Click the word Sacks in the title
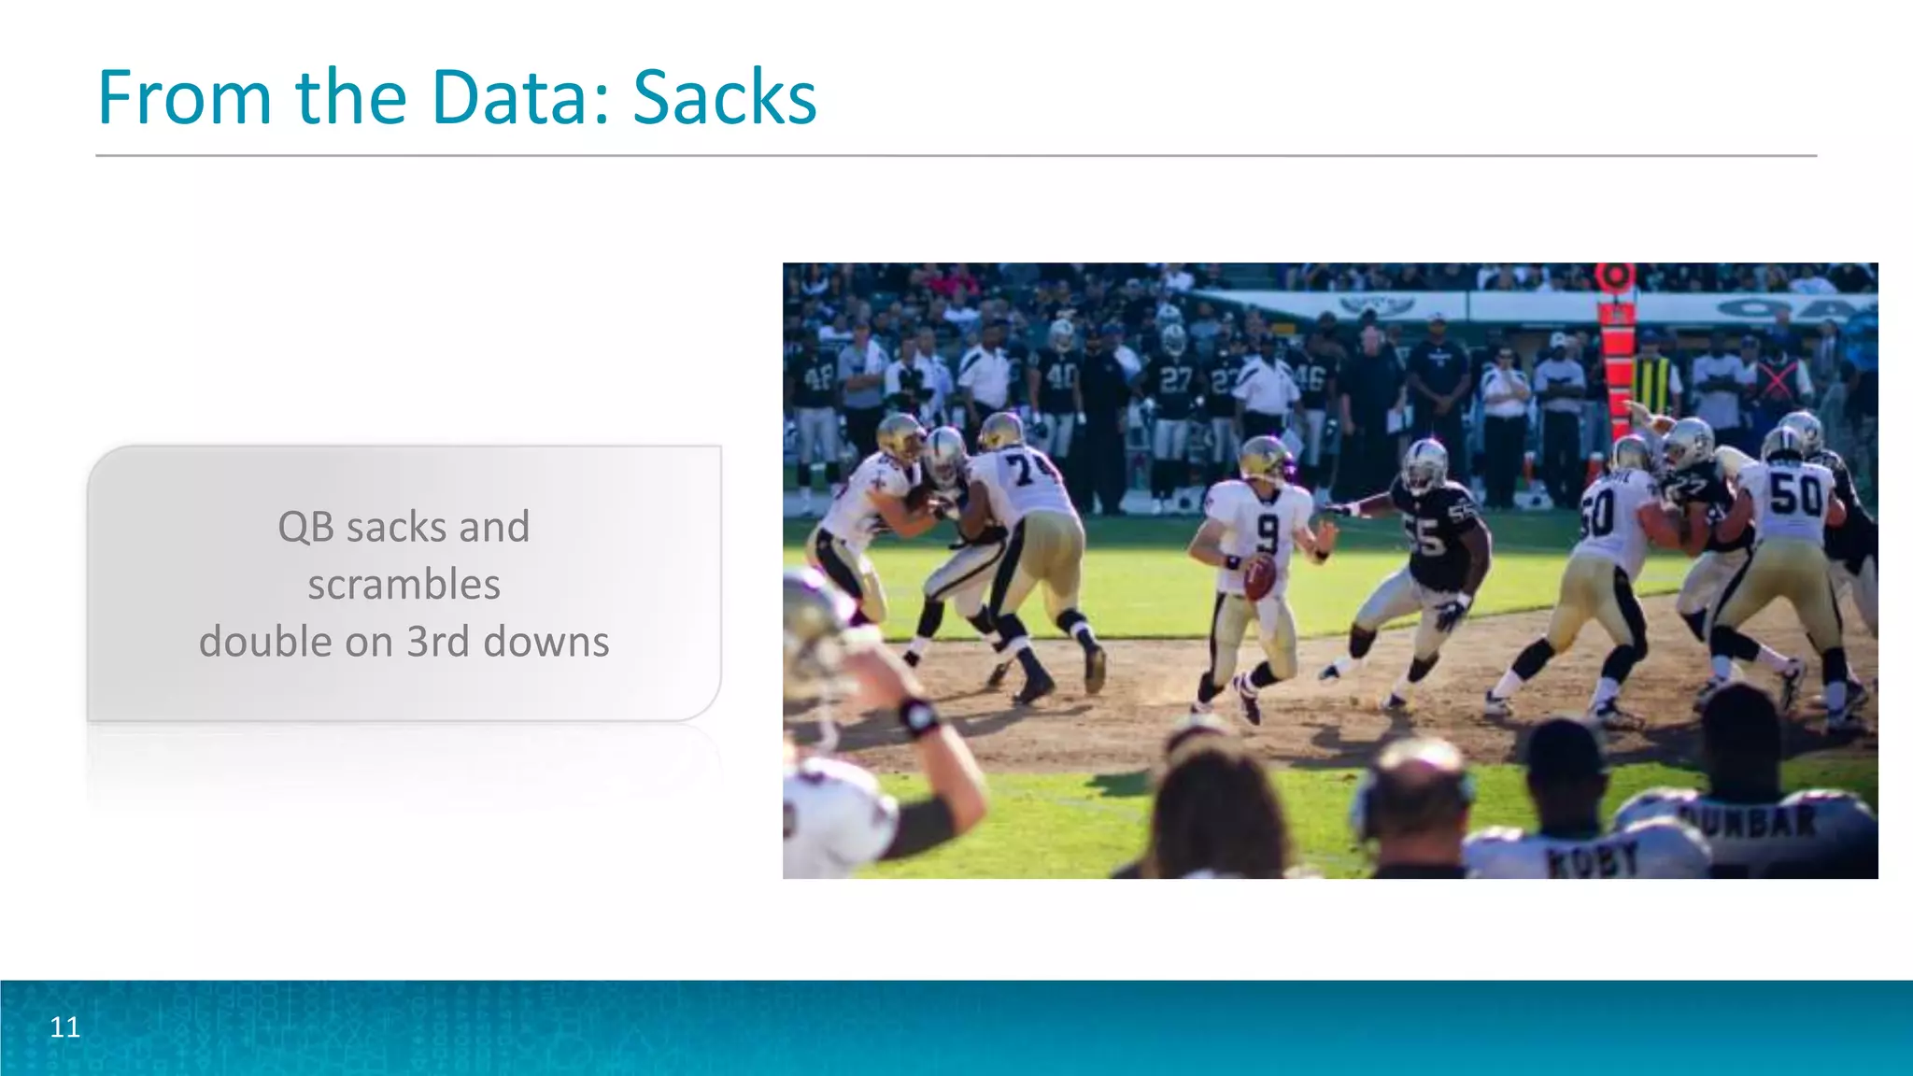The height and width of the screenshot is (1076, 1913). pyautogui.click(x=724, y=97)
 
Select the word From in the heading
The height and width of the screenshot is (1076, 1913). pyautogui.click(x=185, y=97)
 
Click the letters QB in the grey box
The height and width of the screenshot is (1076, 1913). pyautogui.click(x=305, y=527)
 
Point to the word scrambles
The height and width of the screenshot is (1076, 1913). pyautogui.click(x=404, y=585)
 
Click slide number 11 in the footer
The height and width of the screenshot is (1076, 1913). pyautogui.click(x=64, y=1027)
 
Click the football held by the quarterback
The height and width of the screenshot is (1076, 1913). pyautogui.click(x=1259, y=577)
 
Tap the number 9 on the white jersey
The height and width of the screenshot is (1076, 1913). pyautogui.click(x=1267, y=533)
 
